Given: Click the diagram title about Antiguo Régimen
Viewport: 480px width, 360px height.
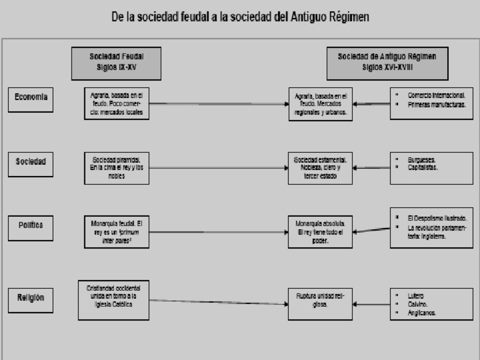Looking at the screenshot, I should pos(240,18).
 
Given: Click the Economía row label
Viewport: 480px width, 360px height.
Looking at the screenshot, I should pos(31,97).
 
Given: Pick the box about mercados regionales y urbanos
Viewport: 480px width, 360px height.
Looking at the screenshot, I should pos(319,104).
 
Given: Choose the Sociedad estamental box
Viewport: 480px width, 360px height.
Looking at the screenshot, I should pos(319,167).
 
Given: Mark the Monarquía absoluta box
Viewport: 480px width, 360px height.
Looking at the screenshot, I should pos(319,231).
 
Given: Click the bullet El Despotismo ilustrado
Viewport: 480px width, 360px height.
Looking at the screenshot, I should pos(436,217).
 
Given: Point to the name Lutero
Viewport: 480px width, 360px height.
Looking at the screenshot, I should pos(415,295).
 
